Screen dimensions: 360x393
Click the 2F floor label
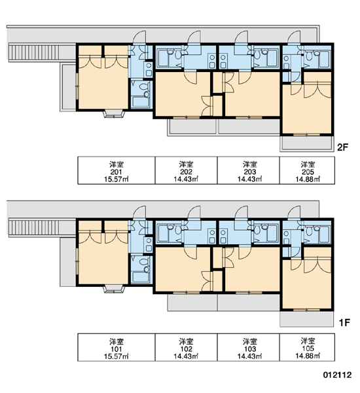[343, 147]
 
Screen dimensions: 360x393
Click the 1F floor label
[344, 322]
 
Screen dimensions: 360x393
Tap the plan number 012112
[337, 375]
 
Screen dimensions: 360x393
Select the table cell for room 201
[117, 170]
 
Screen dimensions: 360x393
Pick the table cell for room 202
[186, 170]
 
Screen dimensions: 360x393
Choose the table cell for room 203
[248, 170]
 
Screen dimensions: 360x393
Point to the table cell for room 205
[307, 170]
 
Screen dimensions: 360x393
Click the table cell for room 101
[117, 347]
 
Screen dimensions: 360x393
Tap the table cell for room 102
[186, 347]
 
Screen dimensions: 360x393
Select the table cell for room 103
[248, 347]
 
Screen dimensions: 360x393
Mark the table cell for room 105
[307, 347]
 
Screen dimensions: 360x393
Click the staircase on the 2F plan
[34, 52]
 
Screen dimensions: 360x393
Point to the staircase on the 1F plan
[34, 227]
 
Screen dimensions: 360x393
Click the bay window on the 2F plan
[114, 114]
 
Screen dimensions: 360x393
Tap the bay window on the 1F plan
[114, 290]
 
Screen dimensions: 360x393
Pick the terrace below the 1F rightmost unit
[306, 319]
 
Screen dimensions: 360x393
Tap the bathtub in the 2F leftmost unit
[140, 102]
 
